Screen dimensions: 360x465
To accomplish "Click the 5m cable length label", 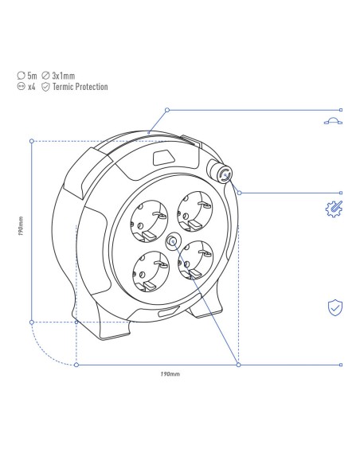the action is (x=32, y=76).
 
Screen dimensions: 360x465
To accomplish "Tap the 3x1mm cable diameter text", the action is (x=64, y=76).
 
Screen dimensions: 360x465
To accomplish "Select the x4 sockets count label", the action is (x=31, y=87).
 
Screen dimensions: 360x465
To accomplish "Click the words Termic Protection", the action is (x=80, y=87).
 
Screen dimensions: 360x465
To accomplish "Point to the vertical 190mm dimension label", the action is (x=21, y=226).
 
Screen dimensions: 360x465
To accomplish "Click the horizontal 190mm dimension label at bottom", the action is (x=170, y=374).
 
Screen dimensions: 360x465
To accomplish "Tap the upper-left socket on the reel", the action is (x=149, y=218).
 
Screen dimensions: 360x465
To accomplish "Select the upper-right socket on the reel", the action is (x=195, y=211).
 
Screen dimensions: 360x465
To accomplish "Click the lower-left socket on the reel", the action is (x=151, y=271).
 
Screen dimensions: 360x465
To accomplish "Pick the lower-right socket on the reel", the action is (x=196, y=260).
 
